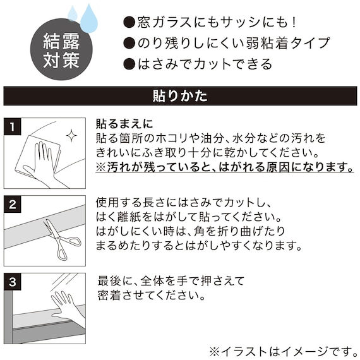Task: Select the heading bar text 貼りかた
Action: click(x=179, y=97)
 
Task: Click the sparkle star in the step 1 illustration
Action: click(x=71, y=135)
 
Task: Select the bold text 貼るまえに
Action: click(x=124, y=124)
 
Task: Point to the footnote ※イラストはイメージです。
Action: click(x=282, y=349)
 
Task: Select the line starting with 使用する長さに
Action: click(x=184, y=202)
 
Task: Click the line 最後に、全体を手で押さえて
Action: click(x=171, y=280)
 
